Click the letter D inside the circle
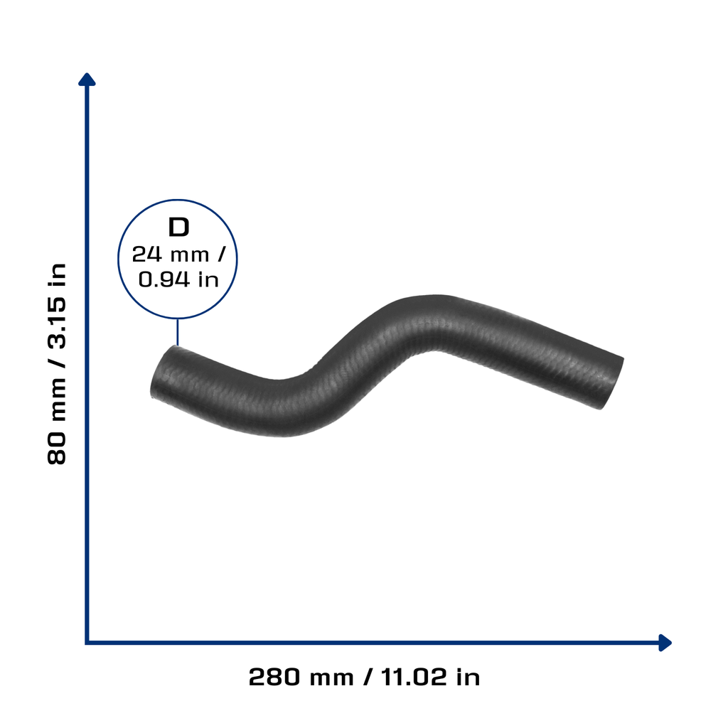tap(178, 227)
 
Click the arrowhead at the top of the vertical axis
tap(87, 80)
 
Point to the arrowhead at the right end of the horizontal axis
tap(665, 643)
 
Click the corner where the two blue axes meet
tap(87, 643)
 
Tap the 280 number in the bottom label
tap(274, 677)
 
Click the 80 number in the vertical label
tap(57, 449)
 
